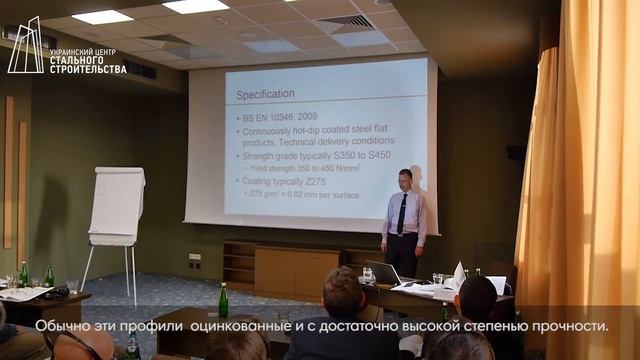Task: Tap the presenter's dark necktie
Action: [x=401, y=214]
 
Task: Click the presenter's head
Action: [x=404, y=179]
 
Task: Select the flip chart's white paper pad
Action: [x=117, y=206]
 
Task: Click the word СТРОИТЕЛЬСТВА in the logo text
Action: [x=88, y=69]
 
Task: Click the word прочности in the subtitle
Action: [x=564, y=326]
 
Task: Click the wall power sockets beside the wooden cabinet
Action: [x=194, y=257]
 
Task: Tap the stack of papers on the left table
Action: [x=24, y=294]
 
